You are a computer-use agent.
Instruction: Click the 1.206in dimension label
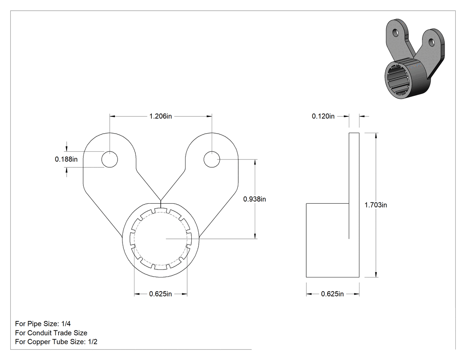(161, 116)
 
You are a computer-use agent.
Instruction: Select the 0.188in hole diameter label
(66, 159)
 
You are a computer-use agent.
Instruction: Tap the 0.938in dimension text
(254, 199)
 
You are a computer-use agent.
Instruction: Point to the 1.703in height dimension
(375, 205)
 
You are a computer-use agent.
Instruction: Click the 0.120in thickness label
(323, 116)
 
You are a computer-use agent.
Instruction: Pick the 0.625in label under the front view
(161, 294)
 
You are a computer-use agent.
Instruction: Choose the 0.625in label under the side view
(332, 294)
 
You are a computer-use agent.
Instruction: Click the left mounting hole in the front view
(110, 159)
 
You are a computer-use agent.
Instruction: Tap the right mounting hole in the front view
(212, 159)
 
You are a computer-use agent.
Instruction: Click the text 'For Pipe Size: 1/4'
(43, 324)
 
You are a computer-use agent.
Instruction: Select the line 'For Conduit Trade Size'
(51, 333)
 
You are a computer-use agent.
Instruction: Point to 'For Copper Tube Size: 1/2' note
(56, 342)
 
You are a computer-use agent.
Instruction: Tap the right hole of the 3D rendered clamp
(431, 42)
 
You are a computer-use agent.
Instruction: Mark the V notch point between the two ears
(161, 200)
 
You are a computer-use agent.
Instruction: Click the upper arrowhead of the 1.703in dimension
(376, 136)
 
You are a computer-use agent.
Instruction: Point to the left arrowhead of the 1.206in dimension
(113, 117)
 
